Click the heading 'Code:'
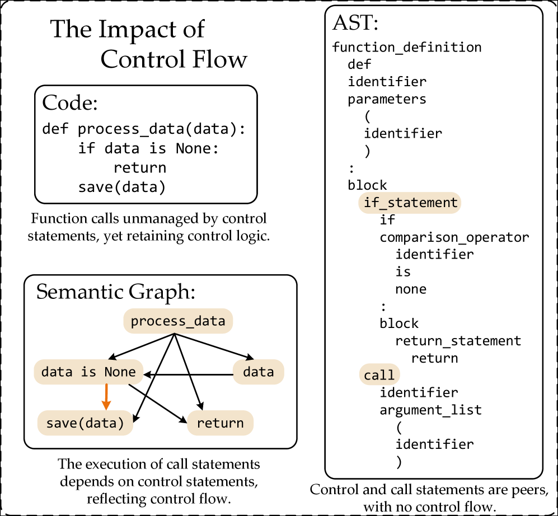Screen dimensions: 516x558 pyautogui.click(x=70, y=103)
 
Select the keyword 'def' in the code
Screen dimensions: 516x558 pyautogui.click(x=55, y=129)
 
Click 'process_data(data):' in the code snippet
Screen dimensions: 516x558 pyautogui.click(x=162, y=129)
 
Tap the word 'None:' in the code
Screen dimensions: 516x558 pyautogui.click(x=198, y=149)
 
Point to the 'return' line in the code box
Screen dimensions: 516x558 pyautogui.click(x=139, y=168)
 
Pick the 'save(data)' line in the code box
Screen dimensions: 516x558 pyautogui.click(x=122, y=187)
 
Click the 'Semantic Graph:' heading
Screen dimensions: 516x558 pyautogui.click(x=116, y=292)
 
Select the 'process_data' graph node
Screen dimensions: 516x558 pyautogui.click(x=177, y=321)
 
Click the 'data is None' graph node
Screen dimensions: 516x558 pyautogui.click(x=88, y=372)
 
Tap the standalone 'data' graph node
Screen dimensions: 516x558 pyautogui.click(x=258, y=372)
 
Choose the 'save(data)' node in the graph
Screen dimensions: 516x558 pyautogui.click(x=85, y=423)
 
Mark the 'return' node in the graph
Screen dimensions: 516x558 pyautogui.click(x=220, y=423)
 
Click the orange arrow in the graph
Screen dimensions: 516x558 pyautogui.click(x=106, y=396)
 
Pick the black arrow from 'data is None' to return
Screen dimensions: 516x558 pyautogui.click(x=157, y=402)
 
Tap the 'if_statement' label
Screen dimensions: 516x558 pyautogui.click(x=410, y=203)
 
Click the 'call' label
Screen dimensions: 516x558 pyautogui.click(x=379, y=375)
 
